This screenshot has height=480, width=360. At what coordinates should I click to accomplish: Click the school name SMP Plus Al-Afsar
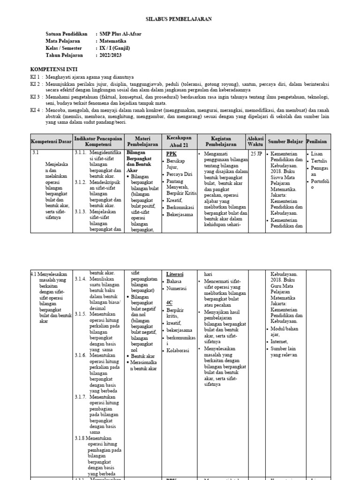coord(120,34)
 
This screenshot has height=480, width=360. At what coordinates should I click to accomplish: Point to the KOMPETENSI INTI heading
coord(51,68)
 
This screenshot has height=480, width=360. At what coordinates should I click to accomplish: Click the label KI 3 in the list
coord(36,97)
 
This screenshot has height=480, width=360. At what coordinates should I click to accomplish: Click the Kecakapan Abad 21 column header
coord(179,141)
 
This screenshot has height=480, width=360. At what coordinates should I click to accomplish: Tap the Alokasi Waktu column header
coord(255,141)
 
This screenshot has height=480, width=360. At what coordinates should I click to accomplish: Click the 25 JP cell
coord(256,153)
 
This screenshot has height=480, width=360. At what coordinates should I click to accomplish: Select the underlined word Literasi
coord(175,274)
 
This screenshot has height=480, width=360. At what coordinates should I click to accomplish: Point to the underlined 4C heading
coord(170,303)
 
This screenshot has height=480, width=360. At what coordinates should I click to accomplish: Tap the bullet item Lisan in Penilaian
coord(317,154)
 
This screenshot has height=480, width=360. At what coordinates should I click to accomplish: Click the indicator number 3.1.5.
coord(81,314)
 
